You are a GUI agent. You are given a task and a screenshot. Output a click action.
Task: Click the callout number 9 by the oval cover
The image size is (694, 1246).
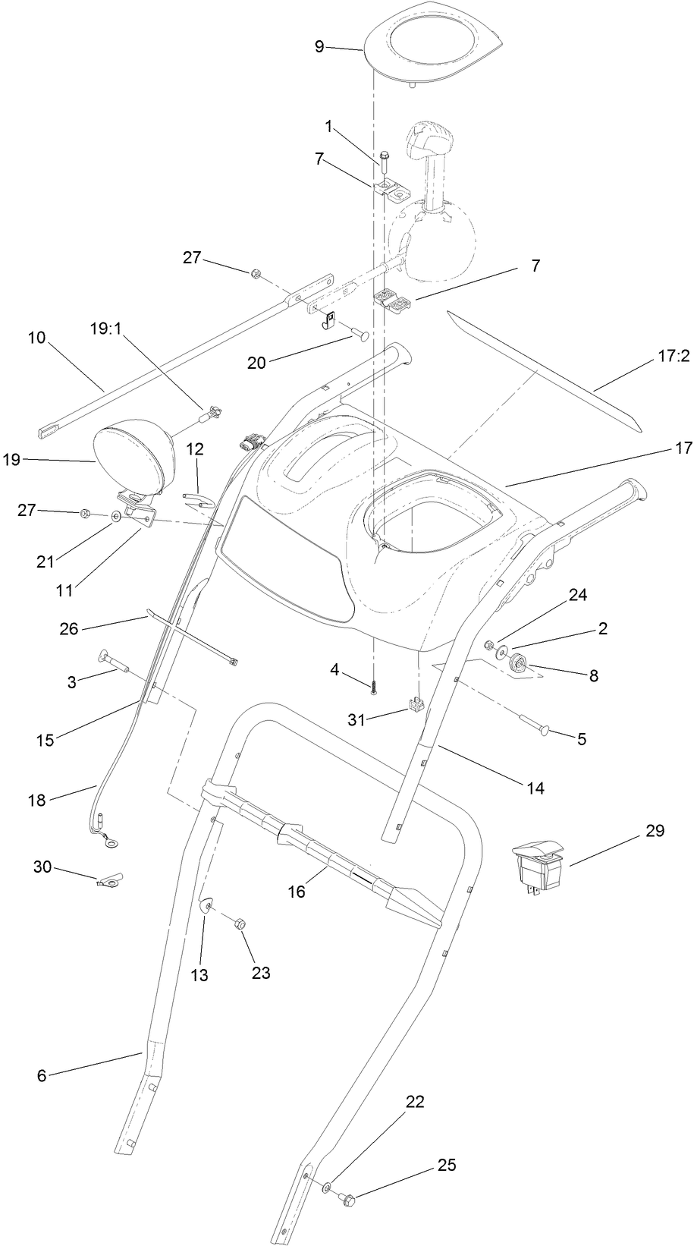pyautogui.click(x=319, y=47)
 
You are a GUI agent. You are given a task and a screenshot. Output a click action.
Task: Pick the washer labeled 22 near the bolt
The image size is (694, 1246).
pyautogui.click(x=326, y=1185)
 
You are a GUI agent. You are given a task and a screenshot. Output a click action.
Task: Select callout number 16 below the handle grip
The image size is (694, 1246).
pyautogui.click(x=296, y=892)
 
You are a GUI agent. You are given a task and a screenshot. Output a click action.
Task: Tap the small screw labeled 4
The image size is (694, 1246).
pyautogui.click(x=374, y=687)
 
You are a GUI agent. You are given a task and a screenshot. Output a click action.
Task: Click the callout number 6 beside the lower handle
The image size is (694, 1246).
pyautogui.click(x=42, y=1075)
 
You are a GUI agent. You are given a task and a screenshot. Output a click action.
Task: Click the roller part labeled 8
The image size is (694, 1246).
pyautogui.click(x=519, y=662)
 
